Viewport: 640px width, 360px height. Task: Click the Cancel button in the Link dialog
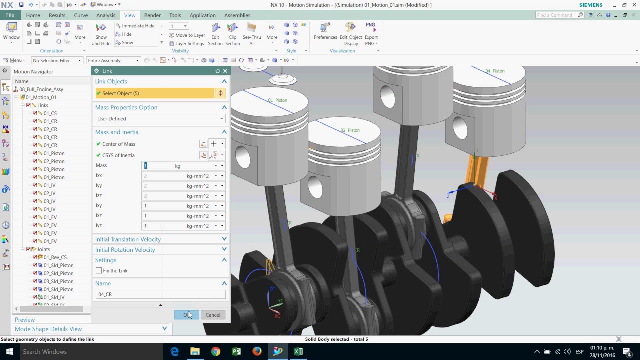(212, 315)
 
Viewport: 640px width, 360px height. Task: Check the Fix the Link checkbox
(99, 271)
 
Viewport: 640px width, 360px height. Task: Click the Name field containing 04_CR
(160, 294)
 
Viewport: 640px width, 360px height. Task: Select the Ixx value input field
(163, 176)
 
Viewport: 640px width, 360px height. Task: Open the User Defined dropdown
(160, 119)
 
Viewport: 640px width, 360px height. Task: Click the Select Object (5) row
(155, 93)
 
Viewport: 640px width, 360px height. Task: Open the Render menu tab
(152, 15)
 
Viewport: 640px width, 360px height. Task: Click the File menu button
(10, 15)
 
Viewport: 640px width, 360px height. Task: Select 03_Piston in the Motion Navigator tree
(54, 169)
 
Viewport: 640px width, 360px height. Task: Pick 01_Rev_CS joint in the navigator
(55, 257)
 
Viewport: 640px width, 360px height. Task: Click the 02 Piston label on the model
(350, 130)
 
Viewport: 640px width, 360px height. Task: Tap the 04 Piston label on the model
(495, 71)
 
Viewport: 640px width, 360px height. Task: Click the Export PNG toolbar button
(371, 33)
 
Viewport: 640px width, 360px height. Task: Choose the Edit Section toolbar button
(215, 33)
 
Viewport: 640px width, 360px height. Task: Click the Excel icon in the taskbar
(298, 352)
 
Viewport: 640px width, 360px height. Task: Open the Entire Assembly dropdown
(113, 60)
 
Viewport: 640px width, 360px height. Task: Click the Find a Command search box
(556, 15)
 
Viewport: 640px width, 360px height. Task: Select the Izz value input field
(163, 196)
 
